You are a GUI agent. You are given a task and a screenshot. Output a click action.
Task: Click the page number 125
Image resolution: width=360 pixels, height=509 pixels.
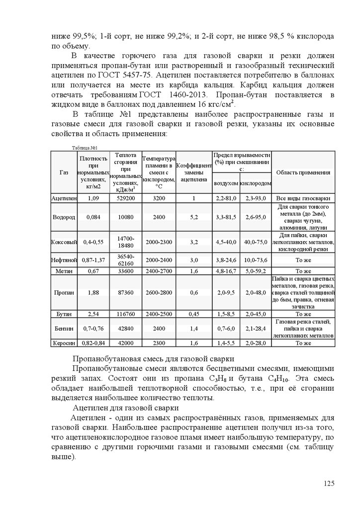click(x=329, y=483)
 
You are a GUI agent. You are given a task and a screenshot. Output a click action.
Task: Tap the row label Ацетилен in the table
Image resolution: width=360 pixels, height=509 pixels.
click(x=64, y=198)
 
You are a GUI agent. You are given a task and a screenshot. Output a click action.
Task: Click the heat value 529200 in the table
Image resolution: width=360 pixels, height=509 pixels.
click(x=125, y=198)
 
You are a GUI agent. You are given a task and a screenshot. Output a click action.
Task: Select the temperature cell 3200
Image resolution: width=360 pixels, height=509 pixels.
click(x=159, y=198)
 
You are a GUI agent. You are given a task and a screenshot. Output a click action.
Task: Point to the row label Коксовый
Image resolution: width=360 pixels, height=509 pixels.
click(x=64, y=242)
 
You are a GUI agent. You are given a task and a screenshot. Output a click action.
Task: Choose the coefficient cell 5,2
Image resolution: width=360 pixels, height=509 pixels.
click(x=194, y=217)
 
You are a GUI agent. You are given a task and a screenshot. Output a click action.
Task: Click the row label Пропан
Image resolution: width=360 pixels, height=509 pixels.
click(x=64, y=293)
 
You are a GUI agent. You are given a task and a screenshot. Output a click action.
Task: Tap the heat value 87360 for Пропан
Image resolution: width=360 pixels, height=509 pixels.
click(x=125, y=293)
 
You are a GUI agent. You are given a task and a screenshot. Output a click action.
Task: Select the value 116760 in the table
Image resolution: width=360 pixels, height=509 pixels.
click(x=125, y=314)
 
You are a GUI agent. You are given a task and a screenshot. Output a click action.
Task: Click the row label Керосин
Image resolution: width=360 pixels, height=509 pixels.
click(x=64, y=343)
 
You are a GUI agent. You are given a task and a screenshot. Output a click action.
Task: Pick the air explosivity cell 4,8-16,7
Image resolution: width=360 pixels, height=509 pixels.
click(x=225, y=271)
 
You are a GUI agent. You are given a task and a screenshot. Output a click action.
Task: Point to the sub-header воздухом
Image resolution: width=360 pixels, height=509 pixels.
click(x=225, y=183)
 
